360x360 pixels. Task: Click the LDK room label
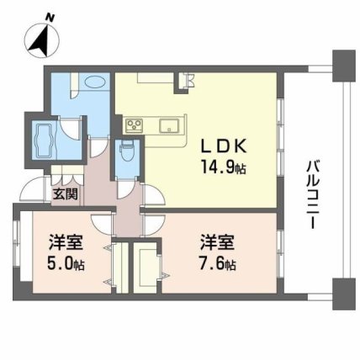tap(224, 146)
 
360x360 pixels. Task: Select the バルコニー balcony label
tap(312, 195)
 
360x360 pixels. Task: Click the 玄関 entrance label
tap(66, 193)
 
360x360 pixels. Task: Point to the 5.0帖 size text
tap(66, 263)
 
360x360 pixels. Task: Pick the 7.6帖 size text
tap(217, 263)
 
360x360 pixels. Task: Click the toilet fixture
tap(128, 151)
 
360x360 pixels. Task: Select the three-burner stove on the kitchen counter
tap(135, 125)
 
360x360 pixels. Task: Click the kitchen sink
tap(169, 125)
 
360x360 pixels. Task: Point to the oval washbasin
tap(95, 82)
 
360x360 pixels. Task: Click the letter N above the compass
tap(50, 19)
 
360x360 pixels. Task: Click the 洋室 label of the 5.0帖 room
tap(66, 242)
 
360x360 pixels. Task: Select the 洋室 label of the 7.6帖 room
tap(217, 242)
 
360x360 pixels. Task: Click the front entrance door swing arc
tap(32, 188)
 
